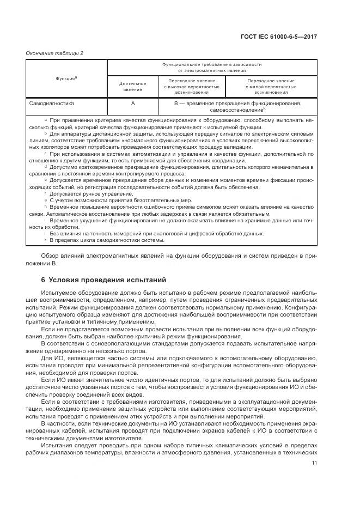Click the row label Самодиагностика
pos(52,102)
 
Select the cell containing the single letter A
pos(133,102)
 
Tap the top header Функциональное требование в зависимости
pos(212,64)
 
